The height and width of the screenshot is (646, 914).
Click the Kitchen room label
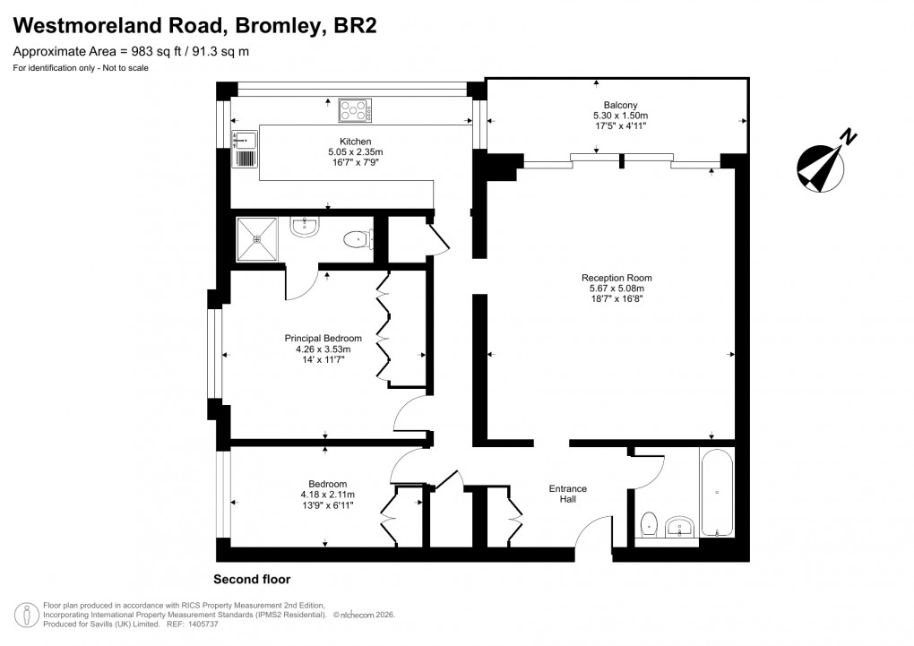355,142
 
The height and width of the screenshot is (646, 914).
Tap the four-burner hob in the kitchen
355,111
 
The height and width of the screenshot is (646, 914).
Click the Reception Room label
616,277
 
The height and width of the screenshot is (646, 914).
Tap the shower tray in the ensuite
258,239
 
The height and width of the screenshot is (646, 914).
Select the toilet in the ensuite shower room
358,239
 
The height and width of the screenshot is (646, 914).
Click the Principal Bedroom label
323,338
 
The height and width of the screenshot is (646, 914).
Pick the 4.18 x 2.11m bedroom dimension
327,495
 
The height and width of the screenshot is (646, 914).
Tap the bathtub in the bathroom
717,492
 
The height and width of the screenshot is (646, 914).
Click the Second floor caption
252,579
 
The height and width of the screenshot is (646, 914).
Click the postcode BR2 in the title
354,26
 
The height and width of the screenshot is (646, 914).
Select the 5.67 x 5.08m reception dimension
616,289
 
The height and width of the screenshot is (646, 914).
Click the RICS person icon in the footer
28,614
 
